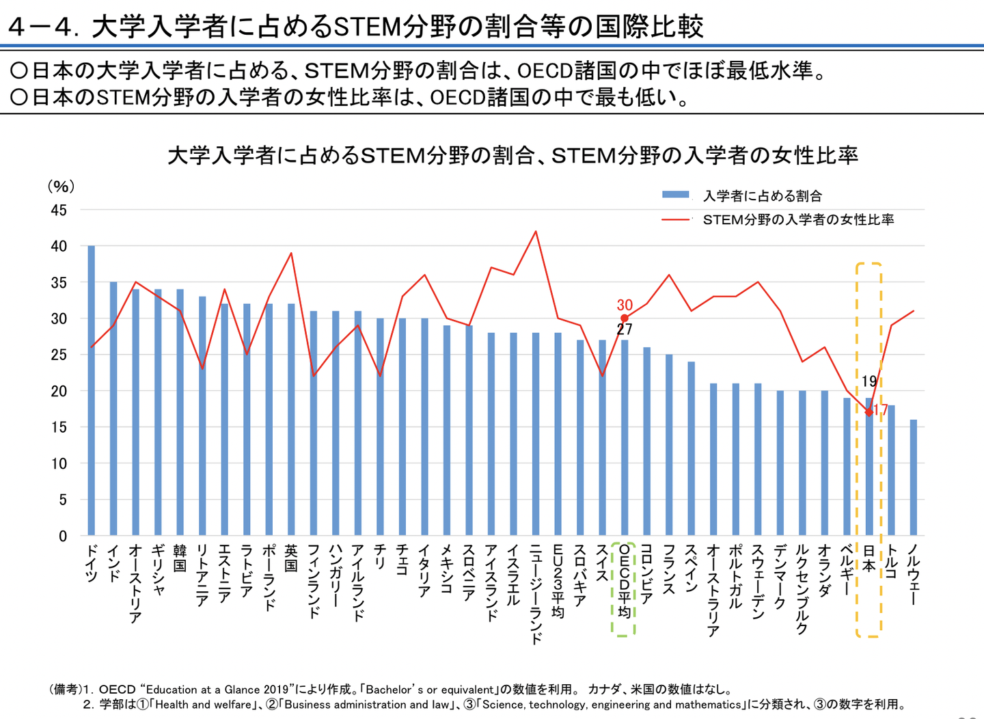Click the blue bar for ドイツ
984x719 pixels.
(92, 390)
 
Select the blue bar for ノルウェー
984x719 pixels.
(914, 478)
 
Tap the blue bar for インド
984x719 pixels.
(113, 408)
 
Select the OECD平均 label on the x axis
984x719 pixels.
(624, 581)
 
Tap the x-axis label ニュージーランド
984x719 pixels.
(536, 594)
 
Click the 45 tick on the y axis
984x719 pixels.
(59, 211)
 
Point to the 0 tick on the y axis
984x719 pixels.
(63, 537)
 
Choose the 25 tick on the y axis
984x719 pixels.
(59, 355)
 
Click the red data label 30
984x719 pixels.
(625, 305)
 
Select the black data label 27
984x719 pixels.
(625, 329)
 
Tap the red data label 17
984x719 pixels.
(880, 410)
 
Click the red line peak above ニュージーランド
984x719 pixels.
(536, 231)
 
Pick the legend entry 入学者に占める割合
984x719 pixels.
(762, 196)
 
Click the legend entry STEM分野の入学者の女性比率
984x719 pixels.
(798, 220)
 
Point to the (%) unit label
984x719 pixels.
(61, 186)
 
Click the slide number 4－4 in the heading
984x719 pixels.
(40, 27)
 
